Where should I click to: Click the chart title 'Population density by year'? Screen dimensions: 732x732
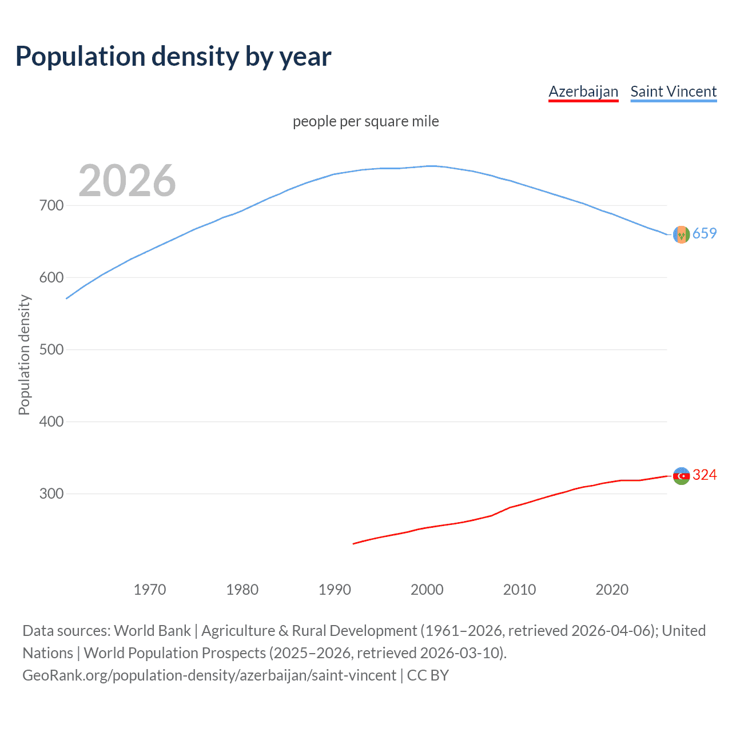[x=173, y=57]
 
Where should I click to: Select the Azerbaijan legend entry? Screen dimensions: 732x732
[x=583, y=91]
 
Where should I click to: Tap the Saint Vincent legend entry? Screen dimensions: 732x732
[x=673, y=91]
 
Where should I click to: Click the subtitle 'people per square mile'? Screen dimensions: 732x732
[x=365, y=121]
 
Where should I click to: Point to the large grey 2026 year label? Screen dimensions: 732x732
[x=127, y=181]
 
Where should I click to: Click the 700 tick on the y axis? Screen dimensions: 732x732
[x=51, y=205]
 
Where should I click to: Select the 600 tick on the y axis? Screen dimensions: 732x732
[x=51, y=277]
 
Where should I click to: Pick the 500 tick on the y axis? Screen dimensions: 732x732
[x=51, y=349]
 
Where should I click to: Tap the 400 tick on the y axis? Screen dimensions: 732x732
[x=51, y=421]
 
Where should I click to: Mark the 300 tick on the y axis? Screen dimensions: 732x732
[x=51, y=494]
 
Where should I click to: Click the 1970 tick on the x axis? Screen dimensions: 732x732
[x=150, y=590]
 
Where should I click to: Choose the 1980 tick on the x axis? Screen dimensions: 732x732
[x=242, y=590]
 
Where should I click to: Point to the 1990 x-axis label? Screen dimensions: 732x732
[x=335, y=590]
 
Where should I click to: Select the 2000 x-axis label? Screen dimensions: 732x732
[x=427, y=590]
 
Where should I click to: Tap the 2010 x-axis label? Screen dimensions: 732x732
[x=519, y=590]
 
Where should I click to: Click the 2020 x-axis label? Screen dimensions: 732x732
[x=612, y=590]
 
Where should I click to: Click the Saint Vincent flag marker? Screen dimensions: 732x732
[x=681, y=234]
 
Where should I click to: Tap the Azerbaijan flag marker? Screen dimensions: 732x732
[x=681, y=476]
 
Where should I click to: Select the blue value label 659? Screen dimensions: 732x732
[x=705, y=233]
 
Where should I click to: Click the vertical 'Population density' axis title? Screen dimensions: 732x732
[x=24, y=355]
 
